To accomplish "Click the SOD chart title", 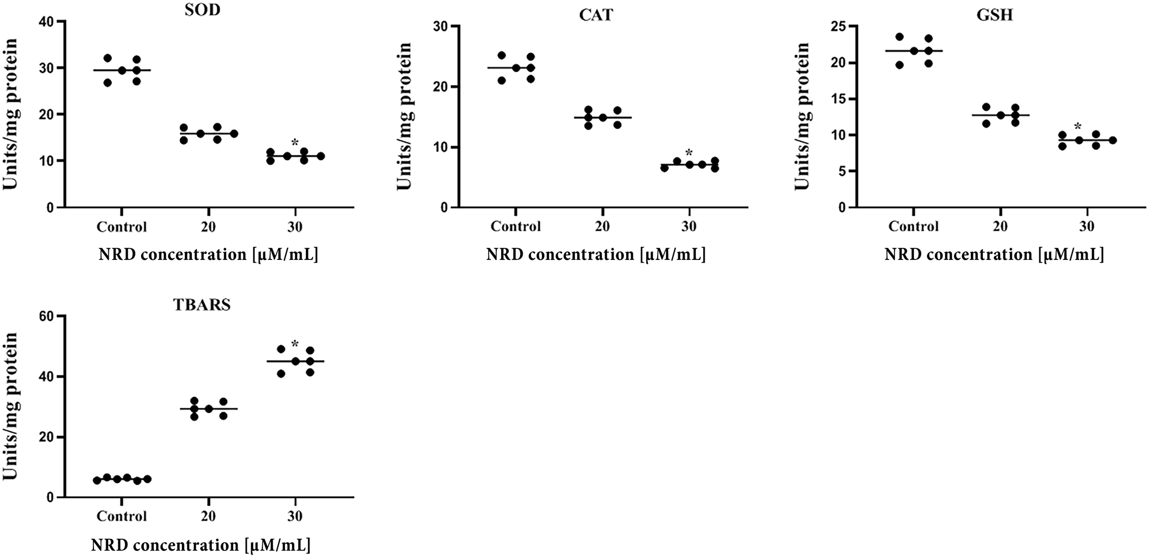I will click(202, 11).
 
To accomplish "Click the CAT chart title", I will click(596, 15).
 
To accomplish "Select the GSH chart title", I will click(994, 15).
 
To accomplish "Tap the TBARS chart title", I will click(202, 305).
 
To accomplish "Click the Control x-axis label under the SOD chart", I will click(122, 227).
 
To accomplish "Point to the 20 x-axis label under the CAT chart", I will click(602, 226).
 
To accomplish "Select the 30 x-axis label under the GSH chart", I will click(1087, 226).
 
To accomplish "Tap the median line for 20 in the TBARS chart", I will click(209, 409).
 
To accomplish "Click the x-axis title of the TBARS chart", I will click(201, 544).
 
